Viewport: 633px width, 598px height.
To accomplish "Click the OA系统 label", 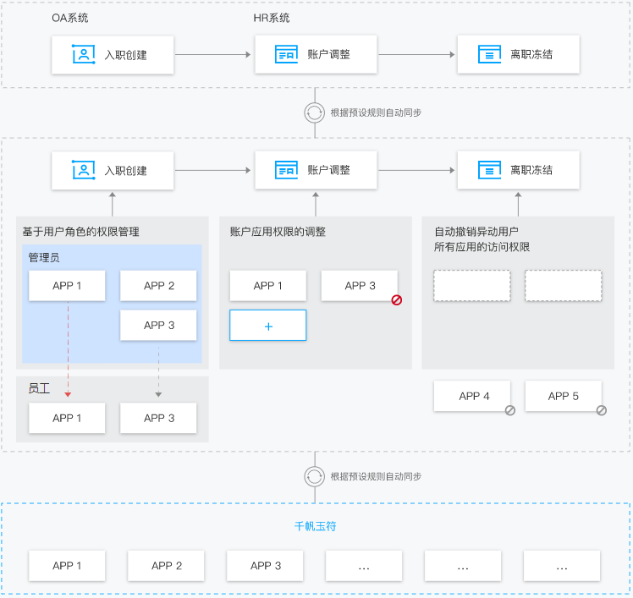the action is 70,18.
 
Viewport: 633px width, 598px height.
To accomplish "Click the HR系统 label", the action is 272,18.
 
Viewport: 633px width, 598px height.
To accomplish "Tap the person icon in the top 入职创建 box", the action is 84,54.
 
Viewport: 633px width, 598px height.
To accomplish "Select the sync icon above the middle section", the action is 315,112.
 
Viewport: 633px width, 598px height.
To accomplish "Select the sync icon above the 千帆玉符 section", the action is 315,476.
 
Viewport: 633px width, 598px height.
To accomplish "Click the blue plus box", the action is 268,326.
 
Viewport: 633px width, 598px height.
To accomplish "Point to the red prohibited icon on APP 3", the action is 396,299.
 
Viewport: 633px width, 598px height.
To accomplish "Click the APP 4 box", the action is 472,396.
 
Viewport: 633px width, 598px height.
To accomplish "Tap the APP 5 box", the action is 563,396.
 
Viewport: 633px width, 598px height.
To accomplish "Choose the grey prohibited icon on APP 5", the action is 602,410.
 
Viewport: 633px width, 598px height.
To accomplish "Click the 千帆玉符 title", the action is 316,526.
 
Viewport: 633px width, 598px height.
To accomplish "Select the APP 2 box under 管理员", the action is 158,286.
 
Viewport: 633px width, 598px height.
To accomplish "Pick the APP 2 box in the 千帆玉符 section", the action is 166,566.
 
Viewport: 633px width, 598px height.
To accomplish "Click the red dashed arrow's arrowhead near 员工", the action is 68,394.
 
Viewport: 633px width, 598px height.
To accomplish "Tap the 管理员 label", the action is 44,257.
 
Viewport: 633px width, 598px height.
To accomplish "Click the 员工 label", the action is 39,388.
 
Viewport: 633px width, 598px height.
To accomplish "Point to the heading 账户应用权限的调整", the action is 278,232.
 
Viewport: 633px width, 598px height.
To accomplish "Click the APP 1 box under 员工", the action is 67,418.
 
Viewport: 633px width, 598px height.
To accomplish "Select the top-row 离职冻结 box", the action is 519,54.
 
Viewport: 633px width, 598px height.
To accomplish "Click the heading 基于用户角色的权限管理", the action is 80,232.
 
